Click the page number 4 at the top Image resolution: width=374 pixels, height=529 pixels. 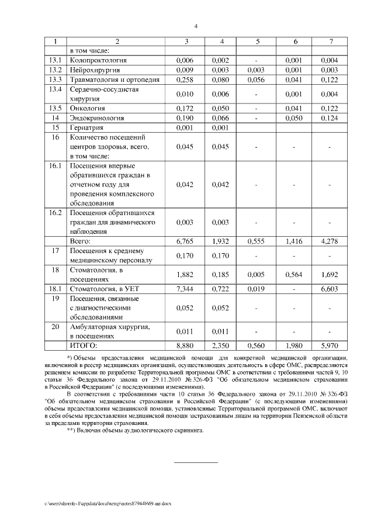(196, 25)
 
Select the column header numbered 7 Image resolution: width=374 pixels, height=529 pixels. (331, 42)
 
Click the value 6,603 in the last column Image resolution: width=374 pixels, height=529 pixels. (330, 289)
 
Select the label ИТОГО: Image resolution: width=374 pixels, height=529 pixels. (84, 346)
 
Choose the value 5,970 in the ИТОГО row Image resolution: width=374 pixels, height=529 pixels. (330, 346)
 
